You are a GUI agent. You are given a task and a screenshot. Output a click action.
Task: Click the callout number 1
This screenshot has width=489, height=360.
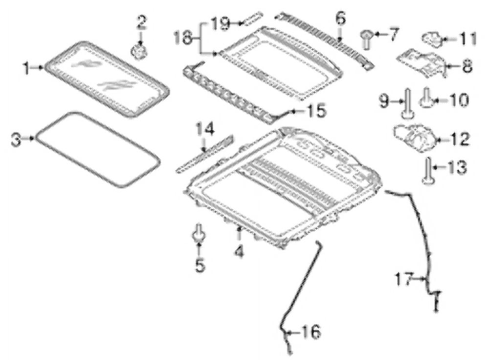click(x=27, y=68)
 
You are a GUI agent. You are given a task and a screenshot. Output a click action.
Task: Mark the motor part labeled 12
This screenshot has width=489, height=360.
click(x=414, y=138)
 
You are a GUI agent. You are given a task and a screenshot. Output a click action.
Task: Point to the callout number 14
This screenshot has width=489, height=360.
click(x=205, y=129)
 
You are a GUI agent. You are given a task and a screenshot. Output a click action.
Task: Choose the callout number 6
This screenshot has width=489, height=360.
click(x=340, y=19)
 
